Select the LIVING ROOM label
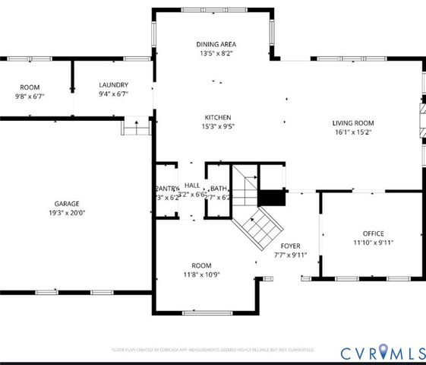pos(353,122)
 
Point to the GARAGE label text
pos(67,204)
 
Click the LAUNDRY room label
pos(113,85)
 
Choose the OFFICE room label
pos(372,233)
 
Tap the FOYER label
pos(291,246)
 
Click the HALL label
pos(191,186)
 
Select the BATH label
pos(219,189)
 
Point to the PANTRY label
pos(166,189)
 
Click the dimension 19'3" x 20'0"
pos(67,214)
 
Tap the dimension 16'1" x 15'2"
pos(353,132)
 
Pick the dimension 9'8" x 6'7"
pos(30,97)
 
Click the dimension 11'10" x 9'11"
pos(372,243)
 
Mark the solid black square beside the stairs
pos(271,198)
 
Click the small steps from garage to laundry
pos(136,126)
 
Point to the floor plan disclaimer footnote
pos(213,350)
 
